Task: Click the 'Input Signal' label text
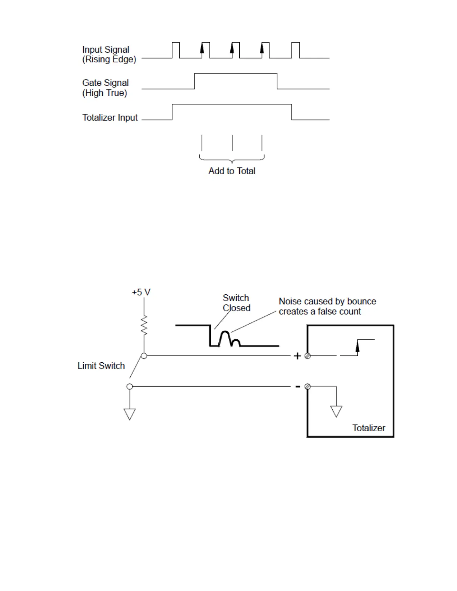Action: (x=106, y=50)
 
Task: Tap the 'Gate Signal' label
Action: (x=105, y=83)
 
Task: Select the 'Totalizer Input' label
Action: (x=110, y=118)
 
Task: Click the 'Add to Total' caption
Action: (x=231, y=171)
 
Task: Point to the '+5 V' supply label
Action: (x=141, y=292)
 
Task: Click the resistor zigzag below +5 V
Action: (x=144, y=325)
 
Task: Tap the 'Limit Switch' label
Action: (x=101, y=366)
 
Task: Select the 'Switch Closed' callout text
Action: (x=236, y=303)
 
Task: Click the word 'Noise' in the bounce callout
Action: (x=290, y=301)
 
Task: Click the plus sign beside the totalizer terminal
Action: (x=297, y=356)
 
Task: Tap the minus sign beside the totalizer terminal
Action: (x=298, y=387)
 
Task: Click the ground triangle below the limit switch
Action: (x=130, y=414)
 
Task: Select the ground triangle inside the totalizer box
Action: (x=336, y=411)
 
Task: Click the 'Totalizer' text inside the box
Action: (x=369, y=428)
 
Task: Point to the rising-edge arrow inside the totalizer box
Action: (x=357, y=347)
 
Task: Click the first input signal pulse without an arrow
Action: (x=176, y=50)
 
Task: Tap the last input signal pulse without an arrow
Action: (x=295, y=50)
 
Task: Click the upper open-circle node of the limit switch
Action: (x=144, y=356)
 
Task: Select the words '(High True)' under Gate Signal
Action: (x=105, y=93)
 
